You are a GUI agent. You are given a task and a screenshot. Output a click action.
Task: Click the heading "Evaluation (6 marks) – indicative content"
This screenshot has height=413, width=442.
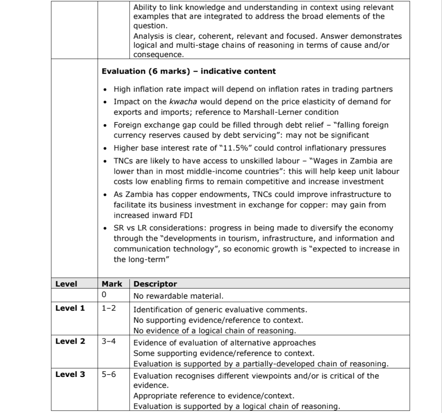click(x=189, y=71)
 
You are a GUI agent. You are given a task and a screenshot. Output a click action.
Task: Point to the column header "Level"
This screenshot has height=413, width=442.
click(x=66, y=284)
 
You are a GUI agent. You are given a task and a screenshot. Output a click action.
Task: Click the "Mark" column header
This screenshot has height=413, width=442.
click(x=112, y=284)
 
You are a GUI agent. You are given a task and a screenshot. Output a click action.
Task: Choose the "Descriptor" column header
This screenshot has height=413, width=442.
click(x=155, y=284)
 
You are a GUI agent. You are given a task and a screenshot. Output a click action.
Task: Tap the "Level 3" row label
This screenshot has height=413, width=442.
click(x=70, y=374)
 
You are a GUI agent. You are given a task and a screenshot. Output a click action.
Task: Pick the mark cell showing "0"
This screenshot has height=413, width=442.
click(x=104, y=295)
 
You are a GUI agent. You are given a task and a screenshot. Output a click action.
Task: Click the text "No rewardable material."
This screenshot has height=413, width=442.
click(x=179, y=296)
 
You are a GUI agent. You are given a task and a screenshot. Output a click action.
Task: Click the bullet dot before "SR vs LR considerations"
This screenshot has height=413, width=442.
click(x=106, y=228)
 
